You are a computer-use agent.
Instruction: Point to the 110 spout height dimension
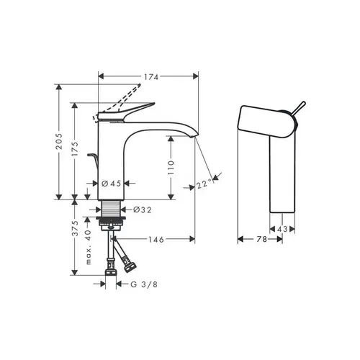point(171,168)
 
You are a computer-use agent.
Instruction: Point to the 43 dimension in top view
point(284,228)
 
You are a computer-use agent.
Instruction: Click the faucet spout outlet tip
point(194,138)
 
